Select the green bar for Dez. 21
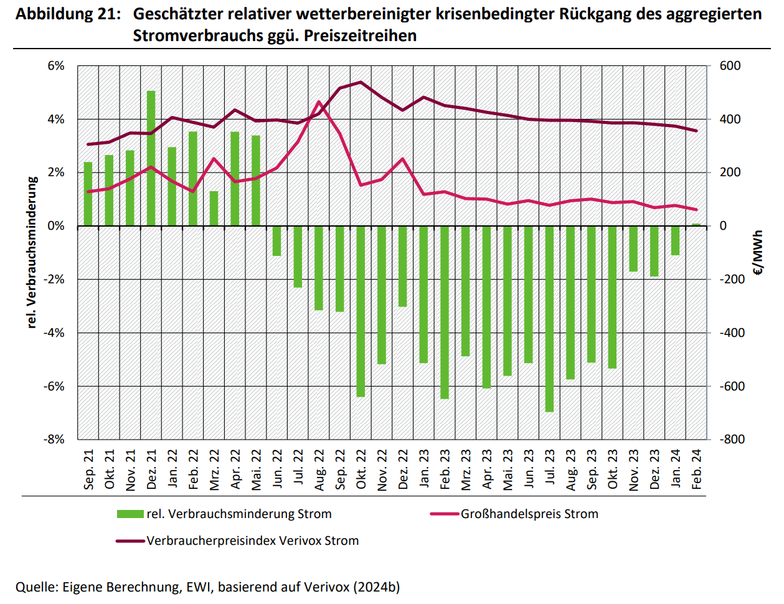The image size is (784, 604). tap(151, 158)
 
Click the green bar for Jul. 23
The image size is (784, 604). tap(549, 318)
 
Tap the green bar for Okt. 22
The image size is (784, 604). tap(361, 311)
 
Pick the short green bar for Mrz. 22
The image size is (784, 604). tap(214, 208)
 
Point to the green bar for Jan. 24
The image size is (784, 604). tap(675, 240)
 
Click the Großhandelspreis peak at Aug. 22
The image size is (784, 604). tap(319, 102)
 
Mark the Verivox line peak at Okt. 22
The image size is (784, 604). tap(361, 82)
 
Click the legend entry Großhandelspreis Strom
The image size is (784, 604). tap(529, 514)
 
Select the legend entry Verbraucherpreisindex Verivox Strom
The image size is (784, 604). tap(252, 540)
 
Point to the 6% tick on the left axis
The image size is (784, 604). tap(56, 66)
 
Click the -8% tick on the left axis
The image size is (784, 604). tap(54, 439)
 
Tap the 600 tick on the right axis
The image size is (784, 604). tap(730, 66)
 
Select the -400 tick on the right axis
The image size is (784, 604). tap(732, 333)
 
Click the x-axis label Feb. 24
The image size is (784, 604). tap(697, 470)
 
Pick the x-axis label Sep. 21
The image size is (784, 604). tap(88, 470)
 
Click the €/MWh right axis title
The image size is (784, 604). tap(757, 252)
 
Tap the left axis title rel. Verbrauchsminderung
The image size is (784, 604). tap(32, 252)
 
